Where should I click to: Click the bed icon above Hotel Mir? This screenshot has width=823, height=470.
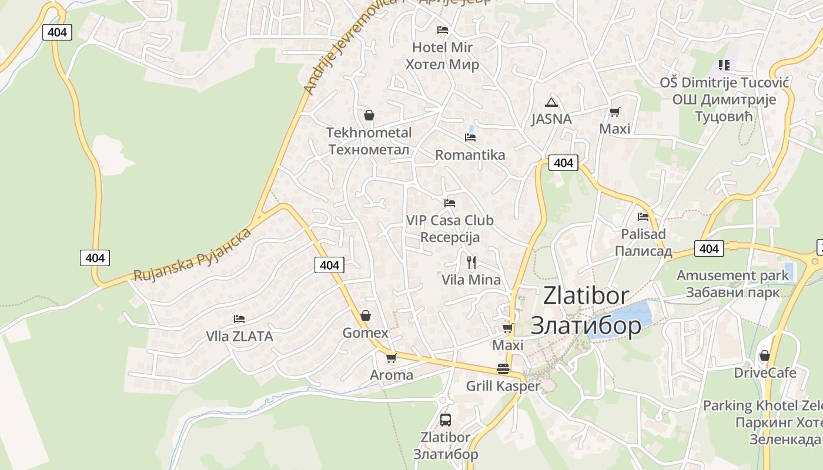[443, 29]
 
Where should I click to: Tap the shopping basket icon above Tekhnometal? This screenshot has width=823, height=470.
[369, 115]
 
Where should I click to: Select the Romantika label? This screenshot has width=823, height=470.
[470, 155]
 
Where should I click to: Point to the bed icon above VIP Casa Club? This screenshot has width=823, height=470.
[450, 203]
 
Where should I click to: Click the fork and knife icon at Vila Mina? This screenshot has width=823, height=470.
[471, 262]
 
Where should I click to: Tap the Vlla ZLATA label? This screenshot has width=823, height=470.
[239, 337]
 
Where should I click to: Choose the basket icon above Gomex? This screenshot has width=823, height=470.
[366, 315]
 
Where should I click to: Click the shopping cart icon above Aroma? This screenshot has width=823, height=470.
[391, 357]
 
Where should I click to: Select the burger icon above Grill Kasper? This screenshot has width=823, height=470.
[503, 369]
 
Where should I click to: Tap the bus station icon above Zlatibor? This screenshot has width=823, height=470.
[446, 419]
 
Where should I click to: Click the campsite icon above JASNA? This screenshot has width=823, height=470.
[551, 102]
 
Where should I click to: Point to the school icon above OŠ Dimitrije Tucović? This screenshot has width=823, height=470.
[724, 65]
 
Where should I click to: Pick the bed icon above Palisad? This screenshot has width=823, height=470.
[643, 216]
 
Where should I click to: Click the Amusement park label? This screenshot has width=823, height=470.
[732, 275]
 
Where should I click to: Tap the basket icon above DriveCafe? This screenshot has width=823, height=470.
[765, 355]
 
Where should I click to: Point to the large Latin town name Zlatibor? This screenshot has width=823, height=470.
[586, 296]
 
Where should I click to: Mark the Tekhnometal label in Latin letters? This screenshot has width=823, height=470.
[369, 133]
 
